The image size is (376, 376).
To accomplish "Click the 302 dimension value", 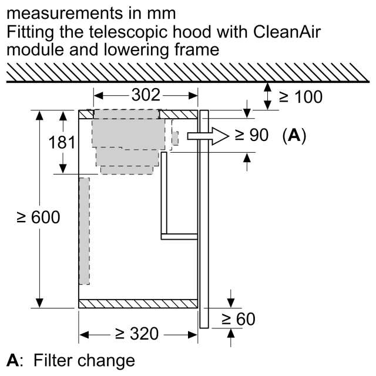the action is (x=146, y=95).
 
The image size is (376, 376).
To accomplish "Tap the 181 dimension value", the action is (x=62, y=142).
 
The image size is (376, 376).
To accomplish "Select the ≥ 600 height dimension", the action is (x=38, y=217).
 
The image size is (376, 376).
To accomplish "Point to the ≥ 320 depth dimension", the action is (x=137, y=334).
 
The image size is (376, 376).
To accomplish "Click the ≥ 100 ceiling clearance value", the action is (x=301, y=97).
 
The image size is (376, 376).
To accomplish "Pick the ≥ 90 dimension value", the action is (x=251, y=135).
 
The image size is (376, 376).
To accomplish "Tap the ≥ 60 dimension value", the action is (x=239, y=319).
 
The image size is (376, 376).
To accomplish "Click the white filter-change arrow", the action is (x=208, y=136).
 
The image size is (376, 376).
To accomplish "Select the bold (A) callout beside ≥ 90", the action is (x=294, y=136).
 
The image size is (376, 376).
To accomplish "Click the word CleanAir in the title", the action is (x=287, y=32).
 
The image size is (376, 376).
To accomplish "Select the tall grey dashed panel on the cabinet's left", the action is (x=85, y=231).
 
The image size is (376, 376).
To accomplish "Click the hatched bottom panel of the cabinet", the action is (x=138, y=304).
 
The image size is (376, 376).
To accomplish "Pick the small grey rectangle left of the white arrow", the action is (x=175, y=139).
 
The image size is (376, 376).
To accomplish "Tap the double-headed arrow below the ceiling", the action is (x=268, y=96).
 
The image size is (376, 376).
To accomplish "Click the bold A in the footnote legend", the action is (x=12, y=360).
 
